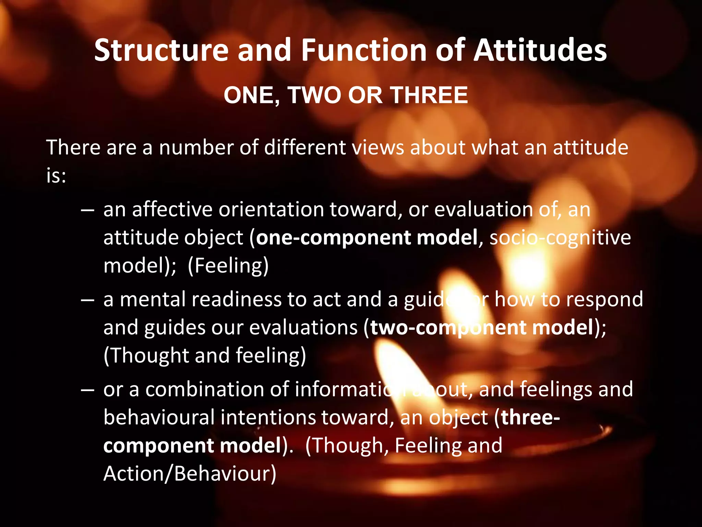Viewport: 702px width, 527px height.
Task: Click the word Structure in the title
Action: tap(161, 50)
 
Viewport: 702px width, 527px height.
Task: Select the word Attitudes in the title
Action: tap(541, 50)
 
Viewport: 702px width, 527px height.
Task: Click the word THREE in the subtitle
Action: tap(429, 95)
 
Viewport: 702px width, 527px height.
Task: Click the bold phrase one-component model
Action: tap(367, 237)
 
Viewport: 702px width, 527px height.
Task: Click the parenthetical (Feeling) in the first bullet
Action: tap(228, 266)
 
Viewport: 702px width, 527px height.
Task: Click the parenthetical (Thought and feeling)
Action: tap(205, 355)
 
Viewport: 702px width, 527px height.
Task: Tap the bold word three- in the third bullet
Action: tap(530, 418)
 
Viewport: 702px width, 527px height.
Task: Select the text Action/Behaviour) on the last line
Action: tap(190, 474)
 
